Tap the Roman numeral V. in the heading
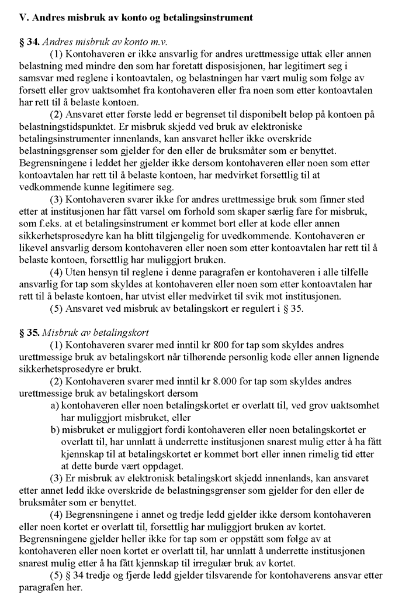click(25, 18)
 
